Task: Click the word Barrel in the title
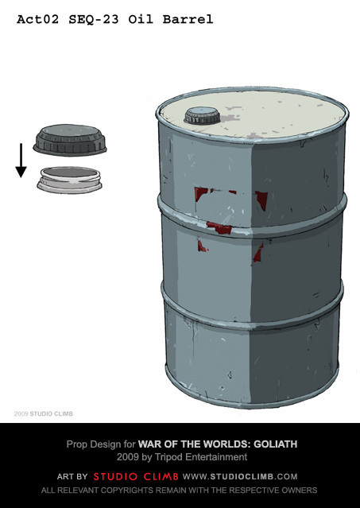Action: (188, 19)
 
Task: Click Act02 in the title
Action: (38, 19)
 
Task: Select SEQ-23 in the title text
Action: (94, 20)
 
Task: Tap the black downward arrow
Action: (21, 161)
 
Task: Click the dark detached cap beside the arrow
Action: (70, 140)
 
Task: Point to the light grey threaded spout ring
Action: (70, 180)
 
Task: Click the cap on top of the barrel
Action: (202, 115)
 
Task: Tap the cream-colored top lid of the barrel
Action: (253, 115)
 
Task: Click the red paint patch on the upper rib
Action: (220, 228)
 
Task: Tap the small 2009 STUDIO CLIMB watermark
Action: (44, 413)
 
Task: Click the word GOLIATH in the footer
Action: (275, 444)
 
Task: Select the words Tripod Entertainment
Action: (200, 457)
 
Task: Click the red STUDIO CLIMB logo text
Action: (136, 476)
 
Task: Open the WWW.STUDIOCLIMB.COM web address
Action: (240, 476)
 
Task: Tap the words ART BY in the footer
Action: (72, 476)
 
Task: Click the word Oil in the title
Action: (141, 19)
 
